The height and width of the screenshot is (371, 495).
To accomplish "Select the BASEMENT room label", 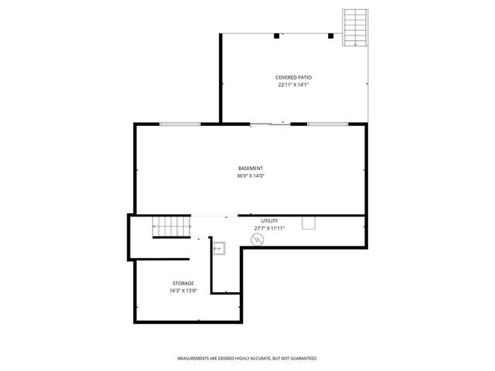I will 250,168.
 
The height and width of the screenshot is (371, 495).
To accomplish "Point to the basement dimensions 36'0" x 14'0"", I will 250,176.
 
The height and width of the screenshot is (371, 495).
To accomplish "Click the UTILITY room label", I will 268,221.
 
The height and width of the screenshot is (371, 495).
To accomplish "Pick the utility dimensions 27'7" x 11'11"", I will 268,229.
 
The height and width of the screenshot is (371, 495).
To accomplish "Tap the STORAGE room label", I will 183,283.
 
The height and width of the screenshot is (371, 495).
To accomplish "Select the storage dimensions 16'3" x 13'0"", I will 183,291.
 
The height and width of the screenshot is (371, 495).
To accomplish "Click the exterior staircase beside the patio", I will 354,28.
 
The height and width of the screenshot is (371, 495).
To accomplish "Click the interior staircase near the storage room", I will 172,227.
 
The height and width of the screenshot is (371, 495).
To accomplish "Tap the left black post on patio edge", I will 277,35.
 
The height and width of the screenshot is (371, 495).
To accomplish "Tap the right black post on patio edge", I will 331,35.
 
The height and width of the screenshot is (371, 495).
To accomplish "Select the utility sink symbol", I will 220,248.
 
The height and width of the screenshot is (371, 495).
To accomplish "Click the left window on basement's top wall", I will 179,124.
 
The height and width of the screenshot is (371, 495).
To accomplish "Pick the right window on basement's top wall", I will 326,124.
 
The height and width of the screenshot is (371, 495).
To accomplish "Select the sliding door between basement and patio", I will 260,124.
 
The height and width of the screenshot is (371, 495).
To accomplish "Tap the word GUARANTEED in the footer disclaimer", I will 302,359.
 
